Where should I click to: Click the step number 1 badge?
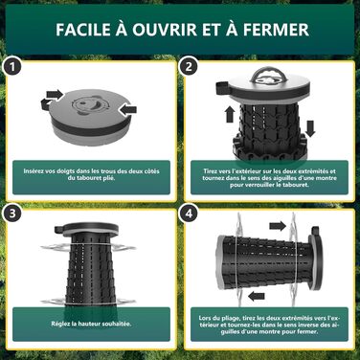(12, 67)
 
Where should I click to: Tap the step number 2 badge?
(189, 67)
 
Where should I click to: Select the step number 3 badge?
(12, 214)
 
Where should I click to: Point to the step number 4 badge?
(189, 214)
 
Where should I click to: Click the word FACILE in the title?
(82, 30)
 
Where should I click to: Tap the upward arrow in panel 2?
(230, 114)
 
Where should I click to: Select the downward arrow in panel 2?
(310, 128)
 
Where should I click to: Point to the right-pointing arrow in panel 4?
(277, 226)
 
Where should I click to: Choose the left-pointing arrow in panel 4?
(257, 297)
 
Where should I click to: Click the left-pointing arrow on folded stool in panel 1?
(128, 110)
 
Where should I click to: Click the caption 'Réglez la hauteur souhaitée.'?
(91, 324)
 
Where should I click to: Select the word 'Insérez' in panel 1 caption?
(34, 171)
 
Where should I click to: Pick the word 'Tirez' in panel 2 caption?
(210, 171)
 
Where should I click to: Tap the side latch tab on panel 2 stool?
(221, 88)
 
